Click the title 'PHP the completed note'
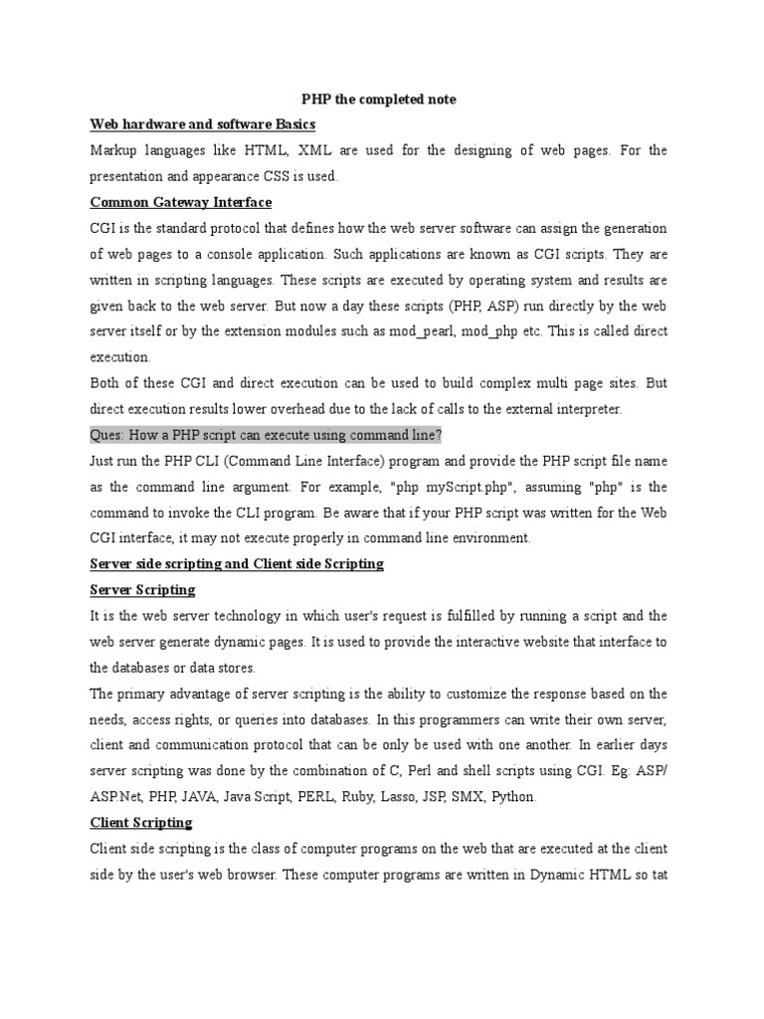point(379,100)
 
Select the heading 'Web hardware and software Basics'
point(203,124)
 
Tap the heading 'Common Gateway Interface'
point(180,202)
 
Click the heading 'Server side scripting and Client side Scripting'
point(237,564)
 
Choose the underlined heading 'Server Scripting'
point(142,590)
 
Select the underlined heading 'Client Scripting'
point(141,823)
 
